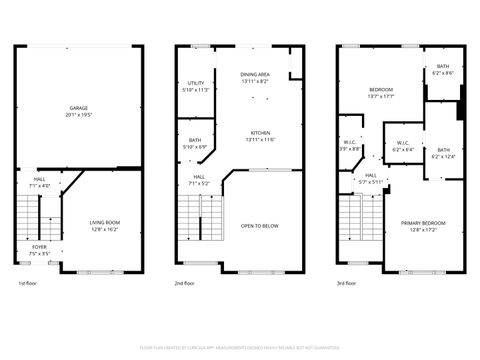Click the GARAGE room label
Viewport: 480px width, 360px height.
[x=77, y=107]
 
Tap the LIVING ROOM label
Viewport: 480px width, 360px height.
[x=105, y=222]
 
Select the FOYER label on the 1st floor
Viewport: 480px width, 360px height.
[x=38, y=247]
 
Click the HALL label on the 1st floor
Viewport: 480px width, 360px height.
[x=40, y=181]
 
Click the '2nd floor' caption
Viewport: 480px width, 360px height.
[x=184, y=283]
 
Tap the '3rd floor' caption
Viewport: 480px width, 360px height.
[x=347, y=283]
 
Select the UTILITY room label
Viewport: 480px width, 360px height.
[x=196, y=83]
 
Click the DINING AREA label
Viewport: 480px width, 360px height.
[x=255, y=75]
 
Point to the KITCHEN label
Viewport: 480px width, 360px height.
[x=261, y=133]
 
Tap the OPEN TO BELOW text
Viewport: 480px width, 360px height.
[x=260, y=226]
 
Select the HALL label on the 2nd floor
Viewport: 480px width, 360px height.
[x=199, y=177]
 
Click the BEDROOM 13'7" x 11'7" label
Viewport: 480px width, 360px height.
[x=380, y=90]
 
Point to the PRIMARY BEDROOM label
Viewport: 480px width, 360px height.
[x=423, y=222]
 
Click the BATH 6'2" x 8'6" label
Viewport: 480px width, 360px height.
[x=443, y=66]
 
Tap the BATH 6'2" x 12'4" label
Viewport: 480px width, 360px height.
[x=443, y=150]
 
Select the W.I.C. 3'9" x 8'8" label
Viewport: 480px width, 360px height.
[x=350, y=143]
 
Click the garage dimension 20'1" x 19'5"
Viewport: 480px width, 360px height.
[x=77, y=114]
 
